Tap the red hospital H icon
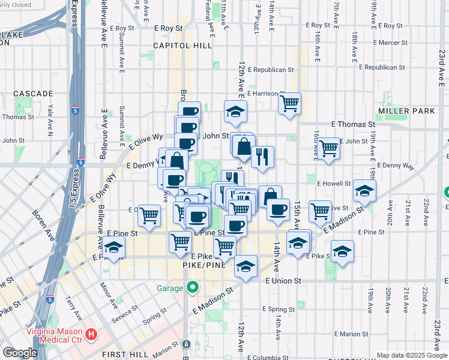coord(91,334)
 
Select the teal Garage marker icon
coord(192,288)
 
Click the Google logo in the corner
coord(19,353)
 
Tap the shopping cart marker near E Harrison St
coord(289,103)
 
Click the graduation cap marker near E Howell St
coord(364,190)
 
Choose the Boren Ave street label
coord(43,225)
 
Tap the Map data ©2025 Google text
coord(411,355)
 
